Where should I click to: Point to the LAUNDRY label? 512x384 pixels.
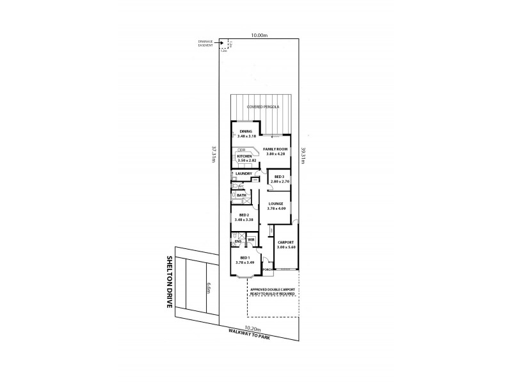click(244, 173)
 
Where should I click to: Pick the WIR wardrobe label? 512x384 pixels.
click(252, 240)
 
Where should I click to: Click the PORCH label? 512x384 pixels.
click(268, 270)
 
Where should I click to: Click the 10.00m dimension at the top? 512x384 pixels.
click(259, 36)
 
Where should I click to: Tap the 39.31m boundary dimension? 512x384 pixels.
click(303, 156)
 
